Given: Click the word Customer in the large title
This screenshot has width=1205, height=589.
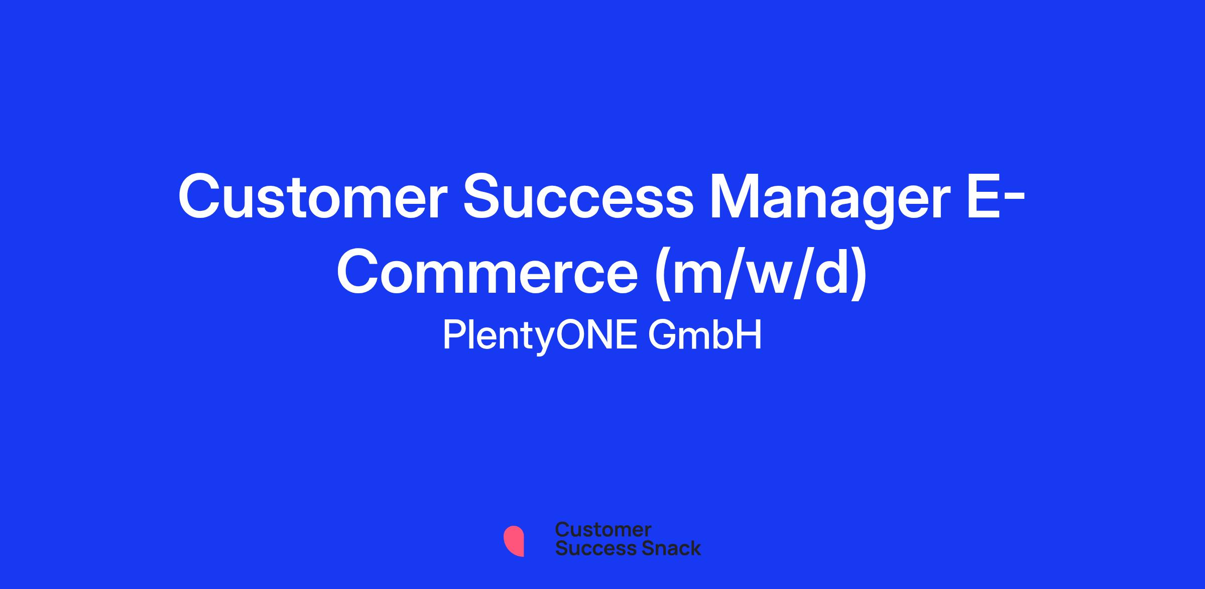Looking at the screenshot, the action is pyautogui.click(x=313, y=196).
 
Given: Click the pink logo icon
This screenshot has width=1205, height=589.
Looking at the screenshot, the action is pyautogui.click(x=514, y=541).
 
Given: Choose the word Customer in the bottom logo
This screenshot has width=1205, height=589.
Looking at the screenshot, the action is pyautogui.click(x=604, y=530).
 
